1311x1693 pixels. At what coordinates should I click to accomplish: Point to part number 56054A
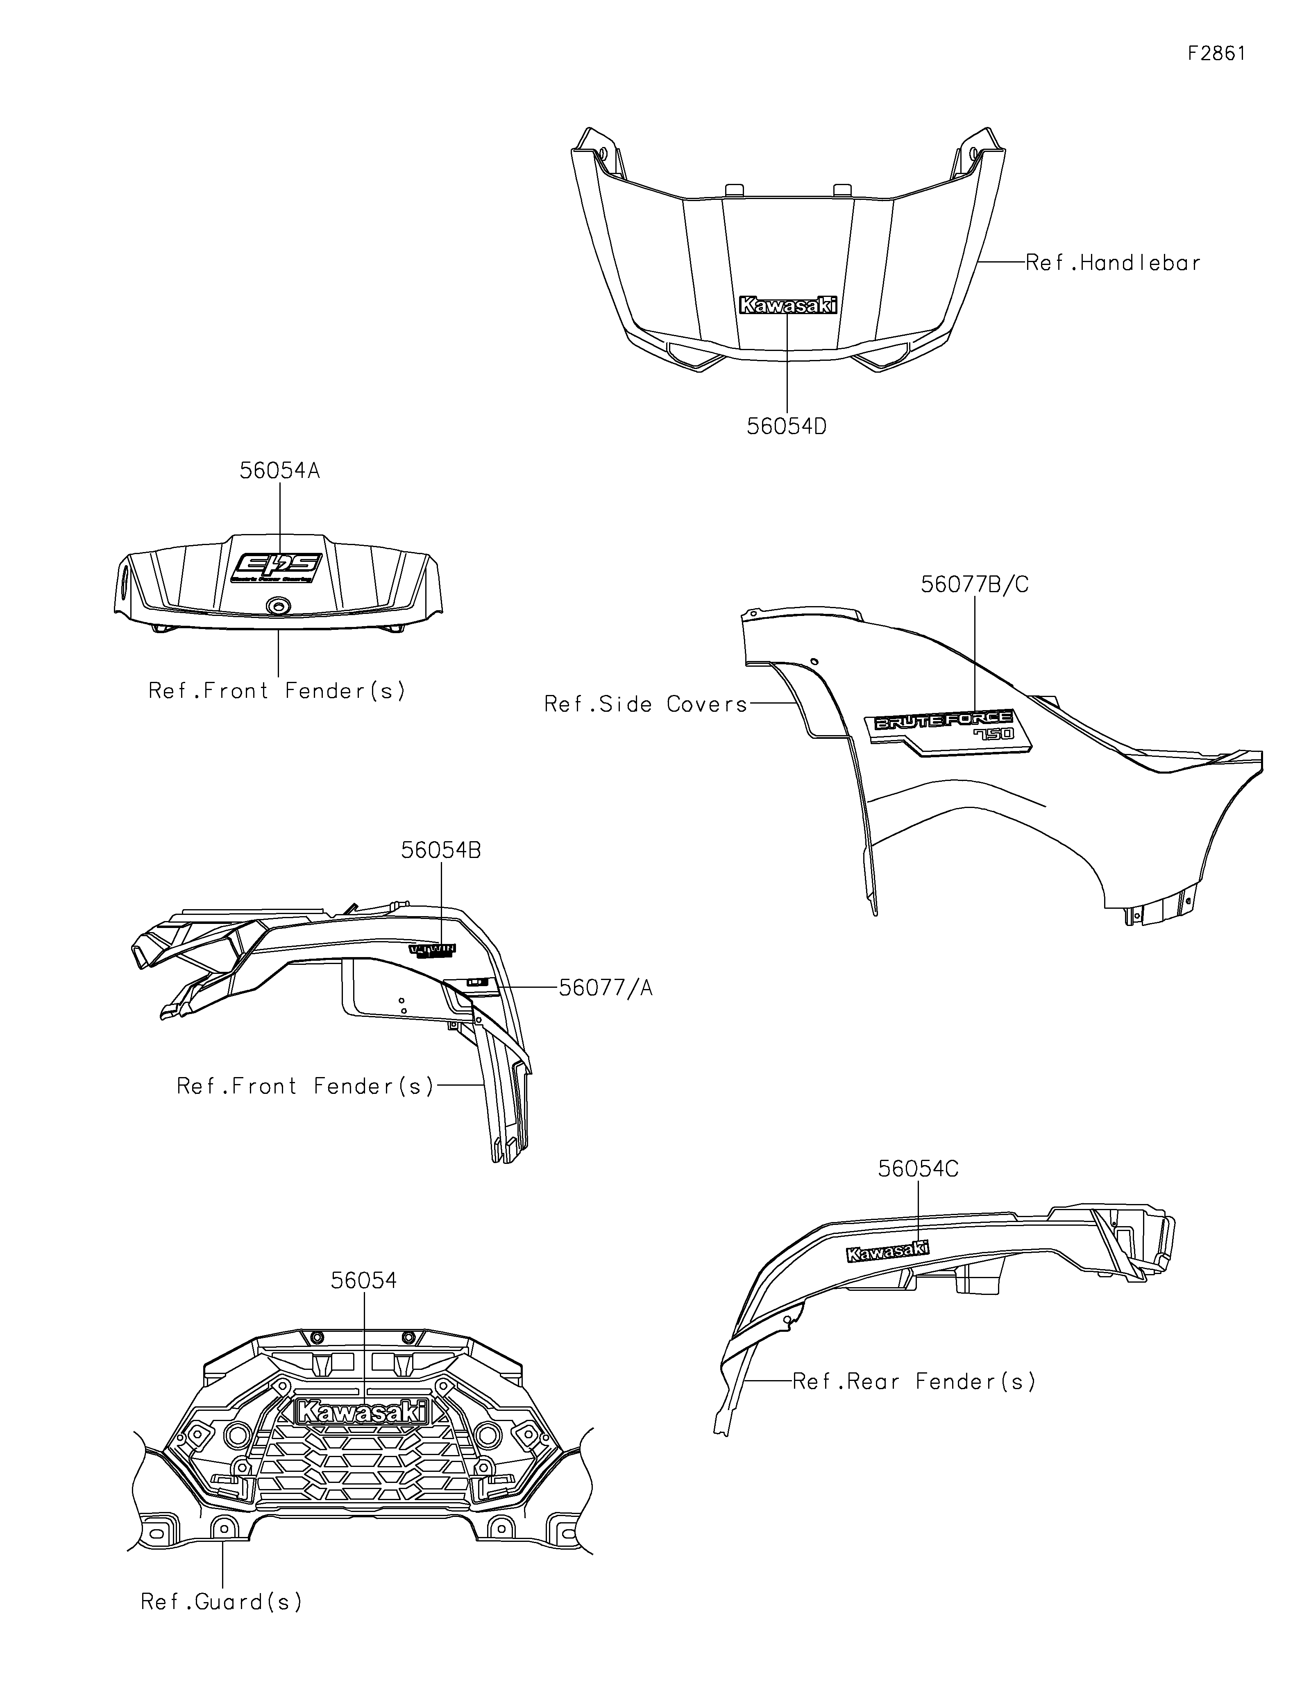coord(279,471)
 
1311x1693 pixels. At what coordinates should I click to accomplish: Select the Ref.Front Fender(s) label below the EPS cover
coord(277,691)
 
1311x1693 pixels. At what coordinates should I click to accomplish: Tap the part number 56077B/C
coord(975,584)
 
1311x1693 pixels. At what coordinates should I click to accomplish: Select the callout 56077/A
coord(606,988)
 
